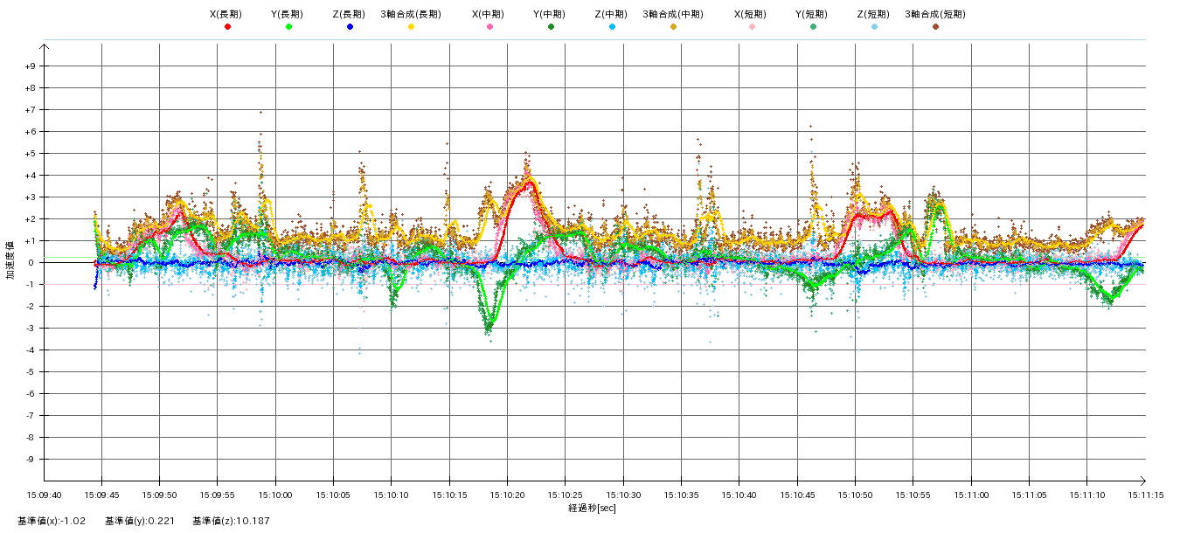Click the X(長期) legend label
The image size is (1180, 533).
click(226, 14)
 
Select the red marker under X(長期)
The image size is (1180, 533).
click(227, 27)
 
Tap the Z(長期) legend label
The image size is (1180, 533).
click(349, 14)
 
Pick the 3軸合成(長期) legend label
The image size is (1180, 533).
click(411, 14)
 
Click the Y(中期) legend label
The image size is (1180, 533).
click(550, 14)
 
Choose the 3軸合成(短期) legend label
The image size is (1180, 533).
click(934, 14)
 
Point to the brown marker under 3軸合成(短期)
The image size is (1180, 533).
click(935, 27)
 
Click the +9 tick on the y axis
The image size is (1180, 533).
click(31, 66)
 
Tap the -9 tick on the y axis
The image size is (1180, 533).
click(31, 460)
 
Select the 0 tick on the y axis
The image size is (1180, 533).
click(33, 263)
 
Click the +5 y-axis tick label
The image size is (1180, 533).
click(31, 154)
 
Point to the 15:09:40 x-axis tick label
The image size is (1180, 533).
click(45, 495)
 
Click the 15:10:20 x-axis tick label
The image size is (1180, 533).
click(508, 495)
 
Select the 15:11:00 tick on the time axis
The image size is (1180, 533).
click(971, 495)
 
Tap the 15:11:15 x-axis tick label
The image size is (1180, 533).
click(1144, 495)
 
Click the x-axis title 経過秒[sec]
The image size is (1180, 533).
click(592, 508)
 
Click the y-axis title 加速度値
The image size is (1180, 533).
click(11, 262)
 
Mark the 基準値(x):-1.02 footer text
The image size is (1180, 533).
click(52, 521)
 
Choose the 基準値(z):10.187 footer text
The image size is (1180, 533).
click(232, 521)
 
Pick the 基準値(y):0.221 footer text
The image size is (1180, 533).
click(140, 521)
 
